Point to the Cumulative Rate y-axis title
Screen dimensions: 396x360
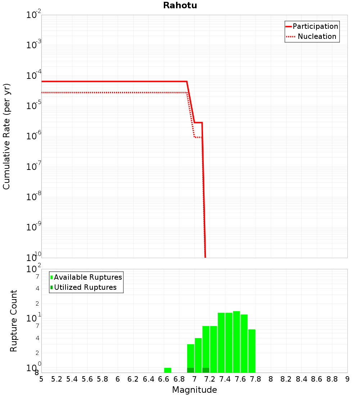(x=6, y=136)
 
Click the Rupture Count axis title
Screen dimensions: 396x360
(x=14, y=321)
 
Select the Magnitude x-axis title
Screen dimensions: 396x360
(x=194, y=390)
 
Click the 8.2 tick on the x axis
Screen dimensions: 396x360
(x=286, y=379)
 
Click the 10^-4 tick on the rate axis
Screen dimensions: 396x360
(x=34, y=76)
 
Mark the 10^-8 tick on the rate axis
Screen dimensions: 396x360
(x=34, y=197)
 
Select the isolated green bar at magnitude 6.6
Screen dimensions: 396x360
(x=167, y=370)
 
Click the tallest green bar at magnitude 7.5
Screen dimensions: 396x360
(x=237, y=342)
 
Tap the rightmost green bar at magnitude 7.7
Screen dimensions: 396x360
(x=252, y=351)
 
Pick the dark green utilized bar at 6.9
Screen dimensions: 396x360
(x=190, y=370)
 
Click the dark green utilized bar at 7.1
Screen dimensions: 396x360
(x=206, y=370)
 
